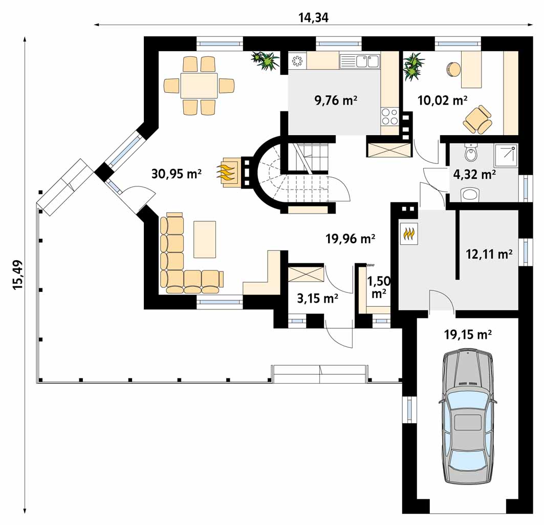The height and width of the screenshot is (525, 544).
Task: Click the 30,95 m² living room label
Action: pos(177,173)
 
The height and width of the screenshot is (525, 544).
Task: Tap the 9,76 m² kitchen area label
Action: pos(336,100)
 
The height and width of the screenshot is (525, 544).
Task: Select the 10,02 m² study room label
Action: pos(442,100)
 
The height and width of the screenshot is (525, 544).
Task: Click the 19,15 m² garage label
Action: pos(468,334)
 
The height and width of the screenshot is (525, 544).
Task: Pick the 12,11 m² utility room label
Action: pos(489,254)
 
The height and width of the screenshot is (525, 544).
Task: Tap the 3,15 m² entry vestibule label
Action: pos(318,298)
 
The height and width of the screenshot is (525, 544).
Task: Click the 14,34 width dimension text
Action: pos(313,17)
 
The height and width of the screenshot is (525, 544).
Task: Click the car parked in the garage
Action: pos(467,417)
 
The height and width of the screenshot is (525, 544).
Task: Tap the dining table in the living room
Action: pos(199,86)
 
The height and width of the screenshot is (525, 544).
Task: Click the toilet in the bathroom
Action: pos(470,153)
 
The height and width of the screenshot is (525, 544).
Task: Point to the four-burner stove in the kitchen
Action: pos(389,116)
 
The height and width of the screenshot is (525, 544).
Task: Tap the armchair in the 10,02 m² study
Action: pos(478,119)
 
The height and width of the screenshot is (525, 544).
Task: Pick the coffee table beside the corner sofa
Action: pos(205,240)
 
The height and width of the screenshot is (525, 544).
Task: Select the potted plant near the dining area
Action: pos(266,61)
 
